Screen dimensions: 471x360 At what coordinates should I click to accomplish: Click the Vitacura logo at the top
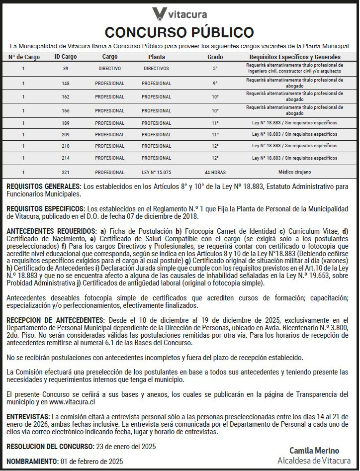(x=180, y=13)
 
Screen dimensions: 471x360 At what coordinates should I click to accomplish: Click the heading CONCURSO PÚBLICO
(x=180, y=32)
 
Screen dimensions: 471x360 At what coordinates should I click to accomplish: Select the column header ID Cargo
(x=66, y=57)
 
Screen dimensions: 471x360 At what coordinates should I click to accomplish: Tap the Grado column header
(x=215, y=57)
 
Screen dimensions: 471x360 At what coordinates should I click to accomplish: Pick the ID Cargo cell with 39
(x=66, y=69)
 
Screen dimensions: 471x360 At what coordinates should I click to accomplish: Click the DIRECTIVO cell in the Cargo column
(x=109, y=69)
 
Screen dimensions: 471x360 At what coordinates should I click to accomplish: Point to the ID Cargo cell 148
(x=66, y=84)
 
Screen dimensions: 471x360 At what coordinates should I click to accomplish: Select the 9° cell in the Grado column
(x=215, y=84)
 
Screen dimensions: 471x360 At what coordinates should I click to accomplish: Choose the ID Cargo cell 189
(x=66, y=122)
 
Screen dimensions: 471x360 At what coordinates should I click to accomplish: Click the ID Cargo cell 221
(x=66, y=173)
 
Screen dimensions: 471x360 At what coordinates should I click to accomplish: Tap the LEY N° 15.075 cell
(x=156, y=173)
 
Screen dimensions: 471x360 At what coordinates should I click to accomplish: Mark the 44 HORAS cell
(x=215, y=173)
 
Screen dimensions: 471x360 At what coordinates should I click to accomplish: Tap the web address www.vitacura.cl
(x=72, y=401)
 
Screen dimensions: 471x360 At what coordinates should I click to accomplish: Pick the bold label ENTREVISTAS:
(x=28, y=416)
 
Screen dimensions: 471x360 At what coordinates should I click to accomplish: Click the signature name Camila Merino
(x=314, y=451)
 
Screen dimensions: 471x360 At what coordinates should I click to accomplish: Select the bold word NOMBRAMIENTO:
(x=32, y=461)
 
